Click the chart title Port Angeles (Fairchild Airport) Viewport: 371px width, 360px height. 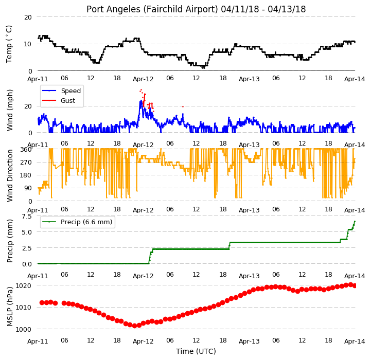tap(152, 9)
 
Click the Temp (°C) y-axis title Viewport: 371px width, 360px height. tap(9, 44)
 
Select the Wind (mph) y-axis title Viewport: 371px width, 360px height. tap(10, 110)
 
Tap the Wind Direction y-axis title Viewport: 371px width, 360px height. tap(10, 175)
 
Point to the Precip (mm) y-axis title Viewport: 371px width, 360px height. tap(10, 241)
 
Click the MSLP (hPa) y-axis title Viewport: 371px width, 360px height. tap(10, 307)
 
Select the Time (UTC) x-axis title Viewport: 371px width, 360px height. tap(196, 351)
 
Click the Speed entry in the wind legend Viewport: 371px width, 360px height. tap(62, 91)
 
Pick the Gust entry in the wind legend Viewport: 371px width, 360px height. tap(59, 100)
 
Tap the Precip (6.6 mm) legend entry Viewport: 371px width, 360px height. tap(77, 222)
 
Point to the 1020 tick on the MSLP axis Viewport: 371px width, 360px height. tap(23, 285)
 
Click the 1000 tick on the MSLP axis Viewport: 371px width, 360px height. tap(23, 329)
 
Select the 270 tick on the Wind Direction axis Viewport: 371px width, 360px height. tap(27, 163)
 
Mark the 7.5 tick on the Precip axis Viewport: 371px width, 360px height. tap(27, 217)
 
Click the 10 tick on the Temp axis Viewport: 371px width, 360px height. tap(28, 44)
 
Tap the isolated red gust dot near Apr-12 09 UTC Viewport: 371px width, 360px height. tap(183, 106)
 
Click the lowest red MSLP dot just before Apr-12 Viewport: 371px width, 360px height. tap(135, 326)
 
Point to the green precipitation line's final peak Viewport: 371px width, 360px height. tap(355, 221)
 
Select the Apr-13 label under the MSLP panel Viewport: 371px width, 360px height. tap(249, 341)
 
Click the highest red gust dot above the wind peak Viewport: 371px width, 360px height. tap(141, 89)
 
